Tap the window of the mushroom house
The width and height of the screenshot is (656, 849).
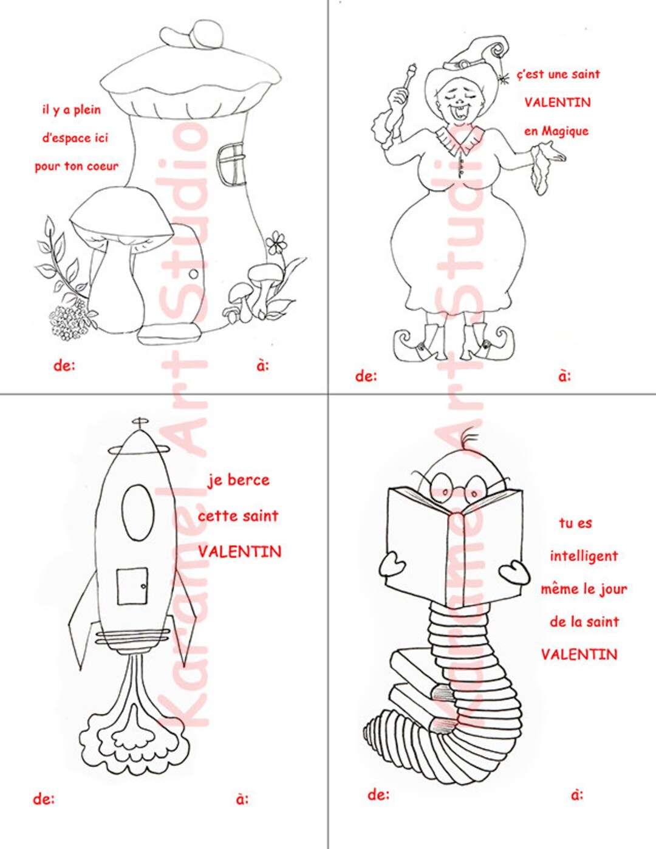(231, 163)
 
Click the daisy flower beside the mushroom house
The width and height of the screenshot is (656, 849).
(276, 242)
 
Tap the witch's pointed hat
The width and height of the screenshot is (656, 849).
(480, 54)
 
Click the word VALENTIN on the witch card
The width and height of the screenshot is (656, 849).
(558, 102)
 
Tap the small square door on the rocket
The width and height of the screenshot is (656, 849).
(132, 587)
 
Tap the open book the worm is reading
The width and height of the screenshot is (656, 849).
(456, 547)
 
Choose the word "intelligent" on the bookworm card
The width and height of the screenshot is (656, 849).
(584, 556)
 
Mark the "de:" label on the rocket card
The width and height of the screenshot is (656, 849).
(44, 799)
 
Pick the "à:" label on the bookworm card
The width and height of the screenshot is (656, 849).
(577, 794)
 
